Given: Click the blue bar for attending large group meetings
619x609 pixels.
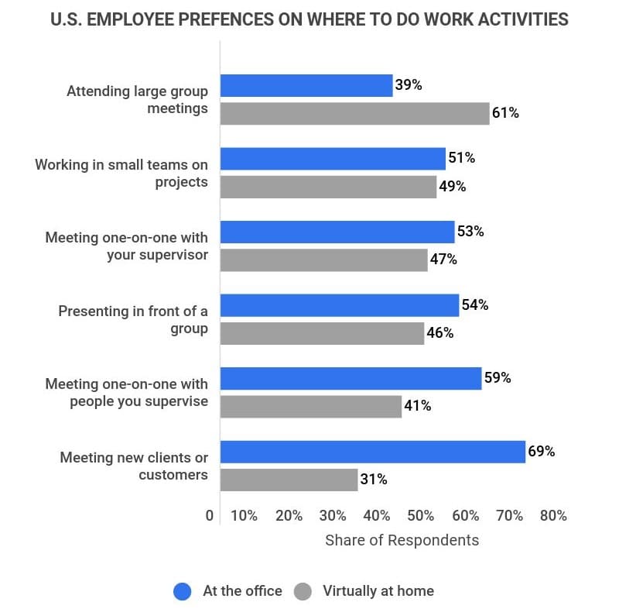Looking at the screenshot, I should click(x=306, y=85).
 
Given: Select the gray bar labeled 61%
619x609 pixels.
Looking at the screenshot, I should click(x=354, y=113).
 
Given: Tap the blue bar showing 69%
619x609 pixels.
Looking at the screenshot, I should click(x=373, y=452).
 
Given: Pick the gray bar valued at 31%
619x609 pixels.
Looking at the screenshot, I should click(x=289, y=480).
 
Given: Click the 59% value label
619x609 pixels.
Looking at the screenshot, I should click(x=498, y=378).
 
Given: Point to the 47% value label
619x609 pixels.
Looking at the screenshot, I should click(x=443, y=260).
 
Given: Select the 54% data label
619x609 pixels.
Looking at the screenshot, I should click(x=474, y=304).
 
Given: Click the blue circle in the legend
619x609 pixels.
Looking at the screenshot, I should click(x=183, y=591).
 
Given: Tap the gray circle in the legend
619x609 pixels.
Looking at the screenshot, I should click(x=303, y=591).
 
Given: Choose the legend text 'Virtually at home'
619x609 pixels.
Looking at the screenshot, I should click(x=378, y=591).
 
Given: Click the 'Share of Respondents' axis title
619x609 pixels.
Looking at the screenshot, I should click(x=402, y=540).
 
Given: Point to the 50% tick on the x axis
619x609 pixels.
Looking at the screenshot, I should click(x=421, y=515).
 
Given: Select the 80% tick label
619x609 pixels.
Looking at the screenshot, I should click(x=553, y=515).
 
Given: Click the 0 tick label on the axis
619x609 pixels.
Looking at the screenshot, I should click(x=210, y=515).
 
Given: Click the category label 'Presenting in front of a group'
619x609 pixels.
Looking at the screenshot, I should click(x=133, y=319).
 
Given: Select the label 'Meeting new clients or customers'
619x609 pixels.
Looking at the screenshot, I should click(x=133, y=466).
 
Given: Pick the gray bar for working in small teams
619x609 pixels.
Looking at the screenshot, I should click(x=328, y=187).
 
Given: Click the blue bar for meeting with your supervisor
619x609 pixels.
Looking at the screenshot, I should click(x=337, y=232).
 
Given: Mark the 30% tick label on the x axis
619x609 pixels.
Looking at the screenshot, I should click(x=333, y=515).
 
